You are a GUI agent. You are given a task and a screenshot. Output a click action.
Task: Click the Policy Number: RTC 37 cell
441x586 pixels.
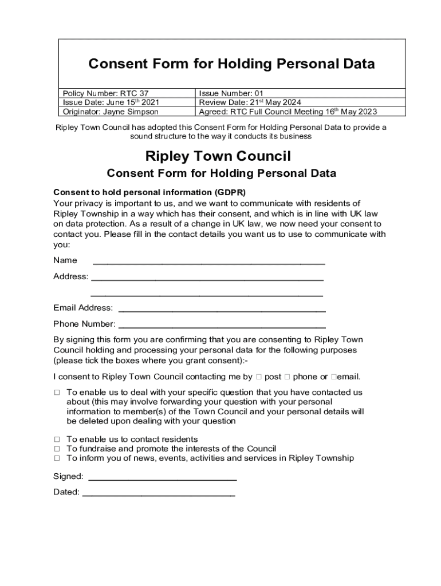tap(109, 93)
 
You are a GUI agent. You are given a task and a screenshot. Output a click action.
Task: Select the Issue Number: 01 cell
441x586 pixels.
tap(231, 93)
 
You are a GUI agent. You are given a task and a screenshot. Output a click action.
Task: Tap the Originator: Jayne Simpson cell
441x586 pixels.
tap(111, 112)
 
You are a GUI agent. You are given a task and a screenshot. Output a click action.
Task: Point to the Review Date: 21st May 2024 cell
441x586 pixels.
tap(250, 102)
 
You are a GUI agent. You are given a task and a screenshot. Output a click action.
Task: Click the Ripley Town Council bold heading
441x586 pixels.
tap(218, 156)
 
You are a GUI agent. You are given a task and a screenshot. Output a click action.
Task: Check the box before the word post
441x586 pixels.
tap(259, 377)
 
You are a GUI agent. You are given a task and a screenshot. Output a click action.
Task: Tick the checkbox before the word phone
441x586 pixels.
tap(288, 377)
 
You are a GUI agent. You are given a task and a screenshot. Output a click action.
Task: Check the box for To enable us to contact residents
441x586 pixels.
tap(57, 439)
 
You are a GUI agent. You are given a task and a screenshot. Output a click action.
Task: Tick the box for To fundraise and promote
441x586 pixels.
tap(57, 449)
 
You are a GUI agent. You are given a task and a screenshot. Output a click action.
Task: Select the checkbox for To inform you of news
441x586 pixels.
tap(57, 458)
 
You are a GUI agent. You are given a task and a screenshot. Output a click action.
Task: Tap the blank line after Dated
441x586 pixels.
tap(159, 493)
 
